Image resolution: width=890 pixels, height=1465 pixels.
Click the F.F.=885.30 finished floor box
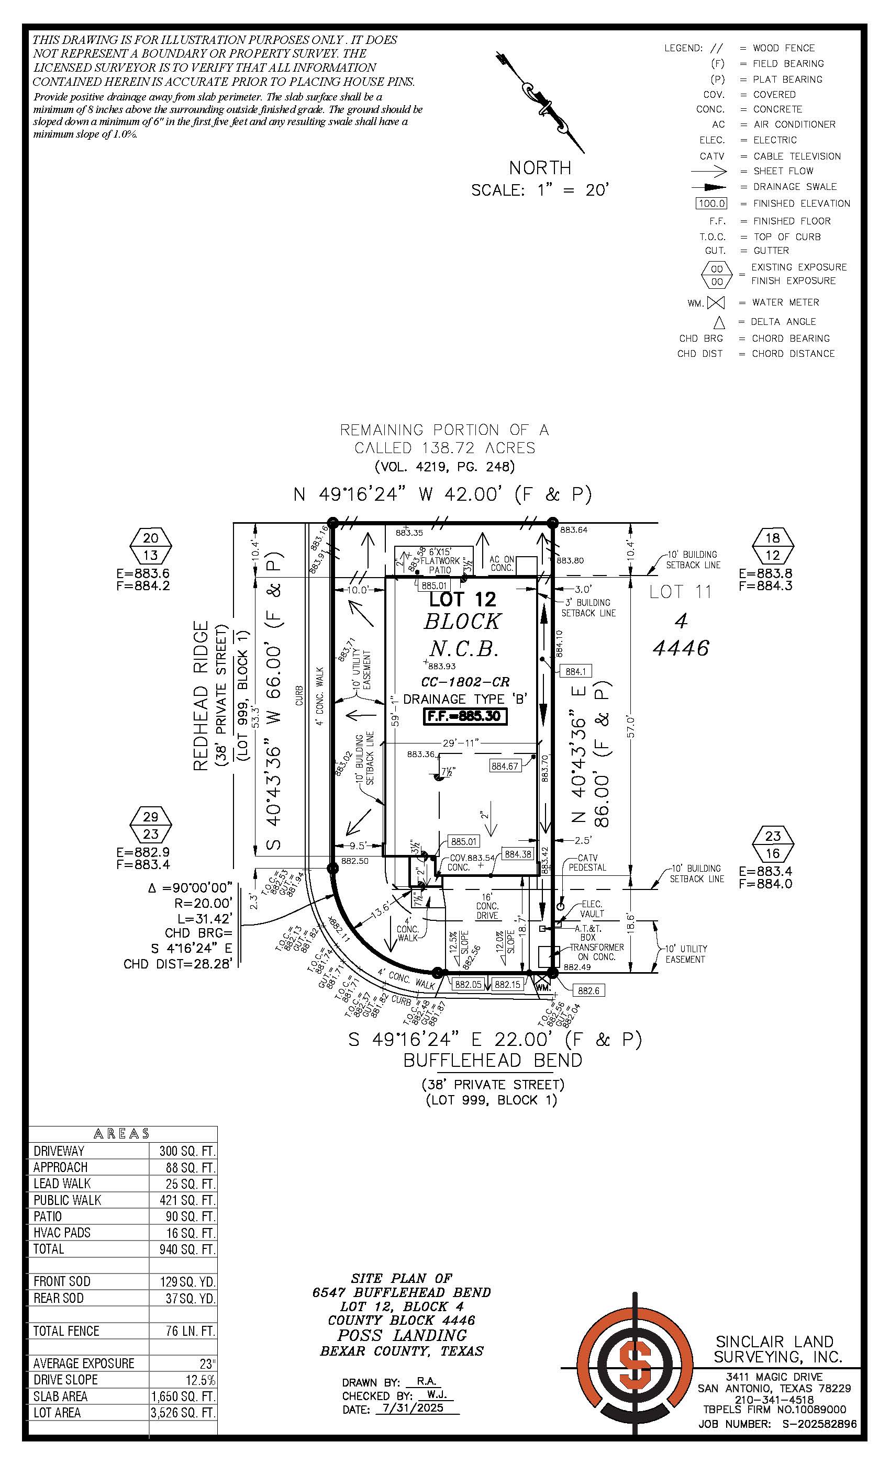465,716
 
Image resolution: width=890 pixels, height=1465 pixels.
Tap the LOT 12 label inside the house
462,599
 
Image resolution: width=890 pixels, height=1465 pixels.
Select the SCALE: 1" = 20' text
540,190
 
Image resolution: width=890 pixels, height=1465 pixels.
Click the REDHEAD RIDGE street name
201,696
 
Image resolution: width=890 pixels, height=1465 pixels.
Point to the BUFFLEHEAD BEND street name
493,1060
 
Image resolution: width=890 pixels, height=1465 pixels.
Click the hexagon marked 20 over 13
151,546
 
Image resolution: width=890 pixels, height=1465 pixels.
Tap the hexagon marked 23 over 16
772,844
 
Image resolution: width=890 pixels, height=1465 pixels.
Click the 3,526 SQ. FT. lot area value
183,1413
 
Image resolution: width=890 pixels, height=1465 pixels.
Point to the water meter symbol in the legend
716,303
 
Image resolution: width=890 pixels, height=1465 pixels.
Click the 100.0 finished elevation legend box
711,204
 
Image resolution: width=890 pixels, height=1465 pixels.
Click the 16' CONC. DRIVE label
487,906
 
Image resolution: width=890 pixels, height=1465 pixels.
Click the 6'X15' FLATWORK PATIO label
440,561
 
